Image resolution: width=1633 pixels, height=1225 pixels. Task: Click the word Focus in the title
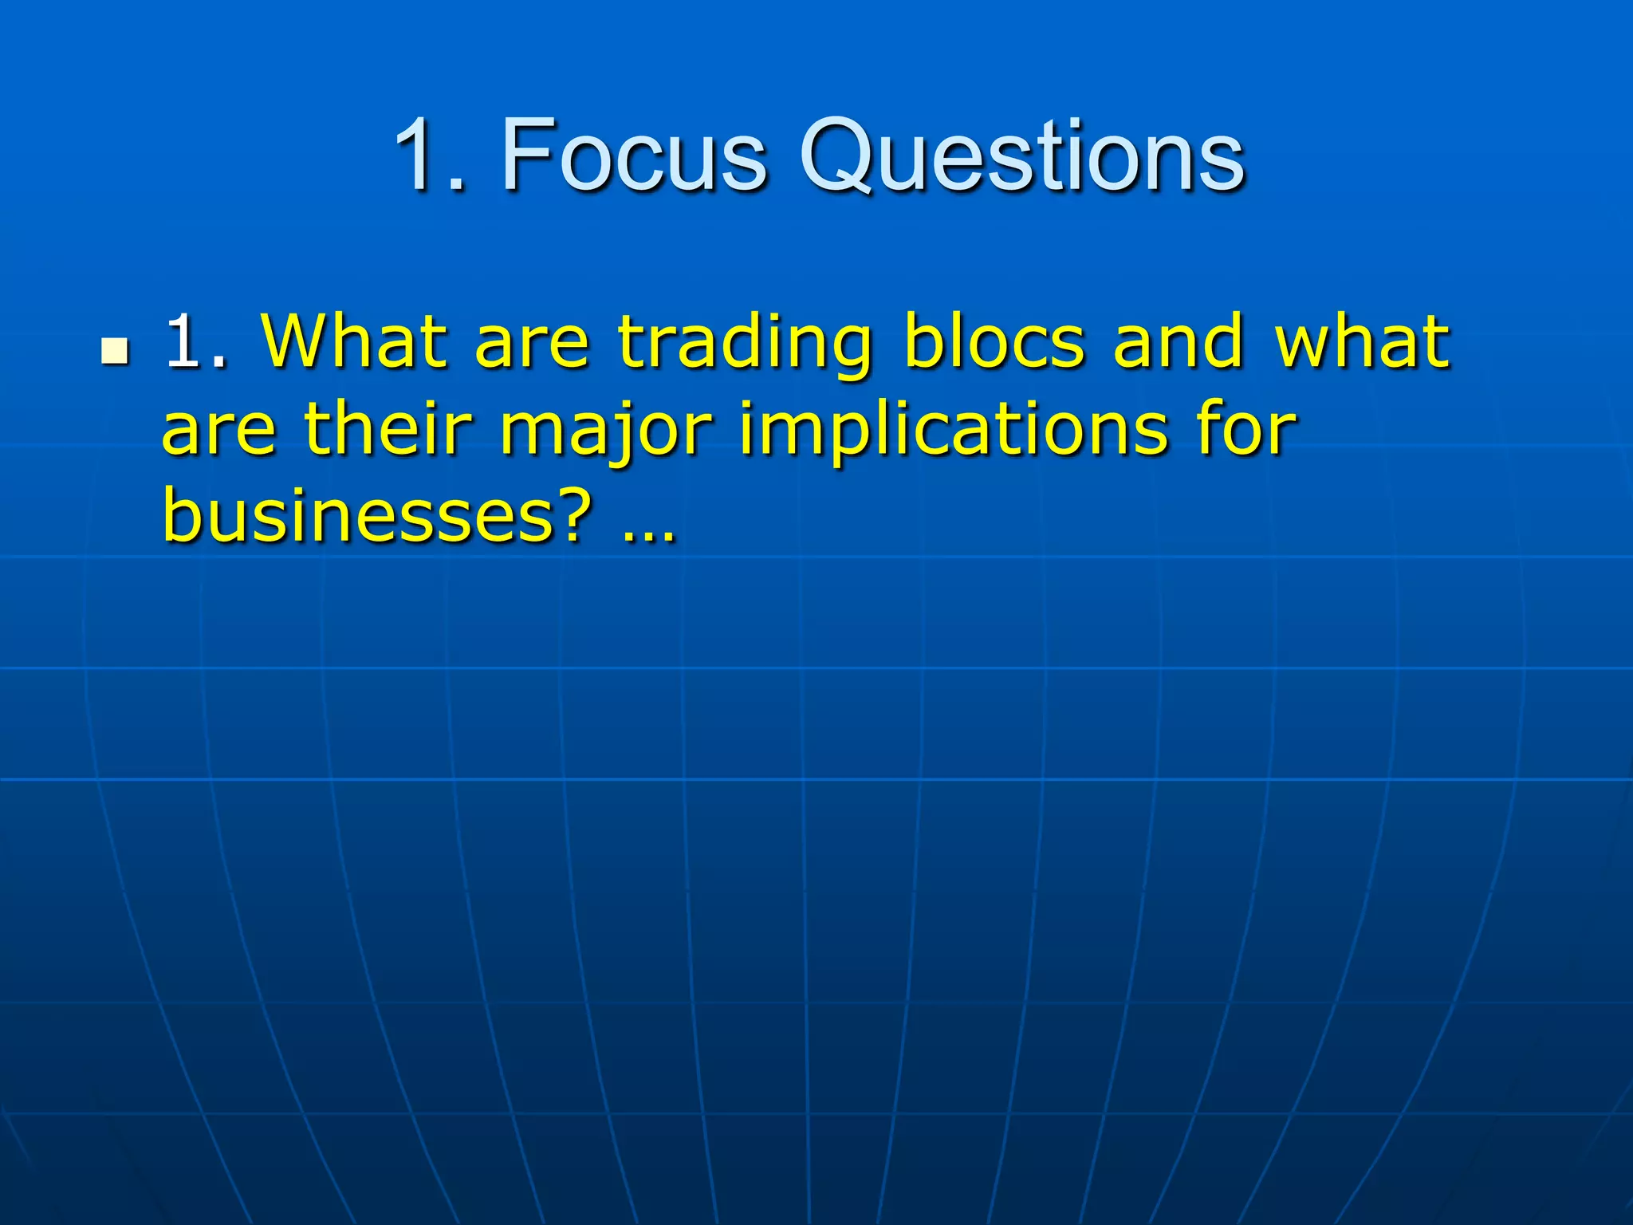coord(634,156)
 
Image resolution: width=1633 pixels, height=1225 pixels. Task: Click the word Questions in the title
coord(1022,156)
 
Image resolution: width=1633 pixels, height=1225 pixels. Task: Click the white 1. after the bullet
coord(196,343)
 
